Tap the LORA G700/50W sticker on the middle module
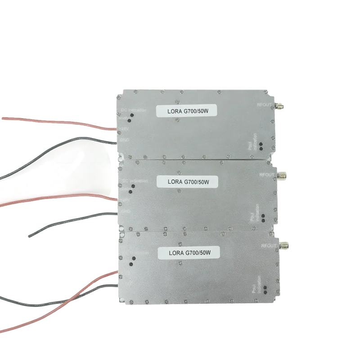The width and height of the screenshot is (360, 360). (188, 181)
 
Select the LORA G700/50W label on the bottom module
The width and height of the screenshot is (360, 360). (189, 253)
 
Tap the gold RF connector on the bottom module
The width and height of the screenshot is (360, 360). (284, 246)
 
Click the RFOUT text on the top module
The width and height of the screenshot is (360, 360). (264, 104)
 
